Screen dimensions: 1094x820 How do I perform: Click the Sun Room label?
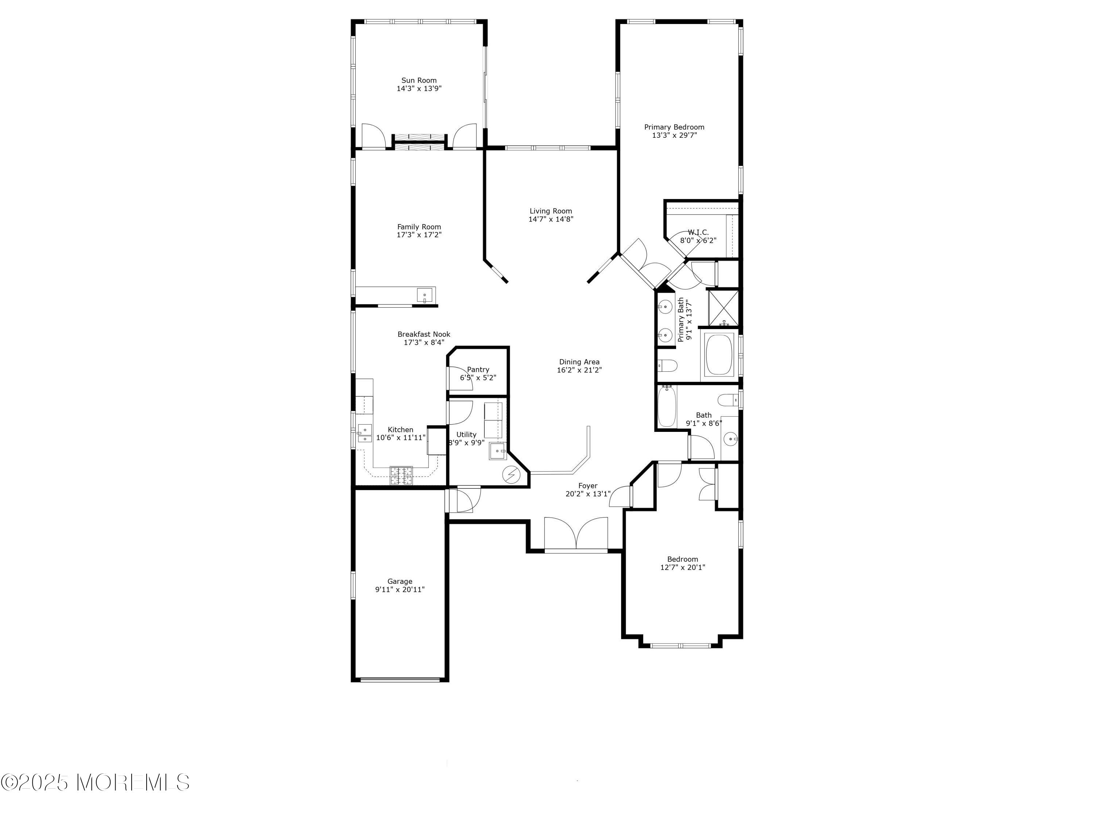pos(419,81)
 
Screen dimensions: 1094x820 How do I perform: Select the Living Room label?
pos(551,211)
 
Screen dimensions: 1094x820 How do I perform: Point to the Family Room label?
pos(419,227)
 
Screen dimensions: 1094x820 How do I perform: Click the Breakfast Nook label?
pos(424,334)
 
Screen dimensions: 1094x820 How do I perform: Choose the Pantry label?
pos(478,370)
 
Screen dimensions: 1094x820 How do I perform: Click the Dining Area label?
pos(579,362)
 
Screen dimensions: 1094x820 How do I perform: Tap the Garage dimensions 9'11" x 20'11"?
pos(400,590)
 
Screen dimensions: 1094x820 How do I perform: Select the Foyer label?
pos(588,486)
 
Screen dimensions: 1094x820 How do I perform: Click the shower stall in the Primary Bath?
pos(723,308)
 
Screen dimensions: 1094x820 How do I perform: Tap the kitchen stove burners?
pos(401,476)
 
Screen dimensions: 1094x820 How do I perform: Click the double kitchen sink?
pos(365,433)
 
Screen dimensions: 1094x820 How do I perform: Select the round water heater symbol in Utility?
pos(511,475)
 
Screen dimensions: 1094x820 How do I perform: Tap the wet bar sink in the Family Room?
pos(425,296)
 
